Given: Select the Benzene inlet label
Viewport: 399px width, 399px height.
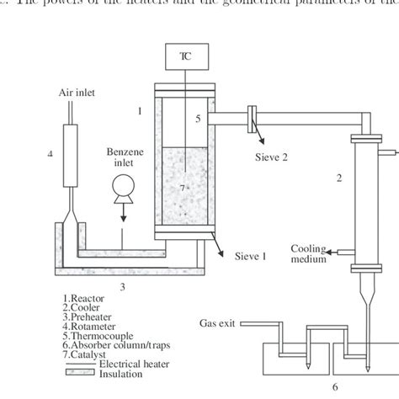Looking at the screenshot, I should click(x=120, y=160).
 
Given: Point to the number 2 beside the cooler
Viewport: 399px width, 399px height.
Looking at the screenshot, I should click(x=339, y=178).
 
